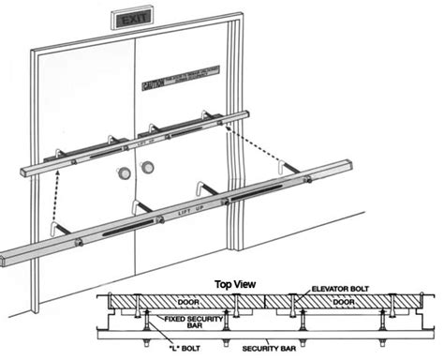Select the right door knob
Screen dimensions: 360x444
[x=145, y=170]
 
